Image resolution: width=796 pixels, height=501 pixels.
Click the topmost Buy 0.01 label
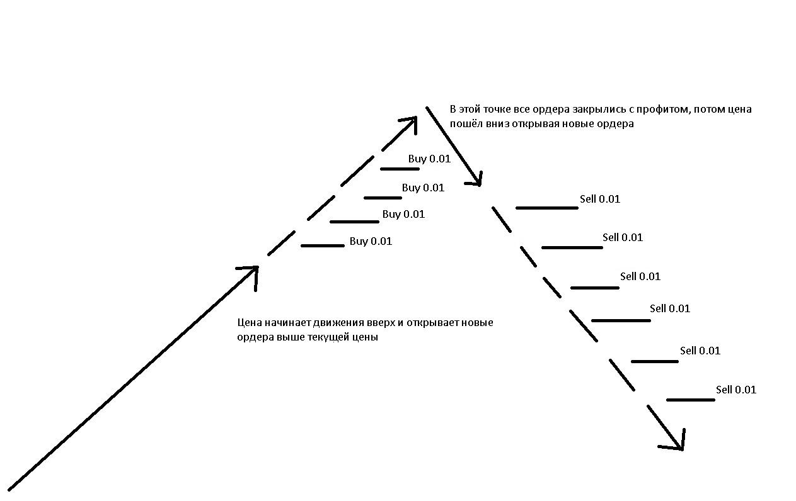click(x=429, y=159)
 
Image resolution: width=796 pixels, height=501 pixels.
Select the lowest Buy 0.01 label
click(x=371, y=241)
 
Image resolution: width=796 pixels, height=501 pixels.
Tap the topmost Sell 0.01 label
click(x=600, y=199)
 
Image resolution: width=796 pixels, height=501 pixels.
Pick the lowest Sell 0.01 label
click(x=735, y=390)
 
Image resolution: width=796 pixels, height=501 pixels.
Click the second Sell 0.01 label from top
click(x=623, y=237)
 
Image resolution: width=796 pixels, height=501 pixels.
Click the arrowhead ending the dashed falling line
click(x=678, y=444)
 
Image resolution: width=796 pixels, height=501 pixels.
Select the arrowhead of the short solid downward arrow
click(x=478, y=181)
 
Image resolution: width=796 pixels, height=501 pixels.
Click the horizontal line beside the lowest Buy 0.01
click(x=323, y=245)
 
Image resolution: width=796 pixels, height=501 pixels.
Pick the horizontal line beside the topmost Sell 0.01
click(x=546, y=208)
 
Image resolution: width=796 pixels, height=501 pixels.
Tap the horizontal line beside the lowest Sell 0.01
click(x=690, y=400)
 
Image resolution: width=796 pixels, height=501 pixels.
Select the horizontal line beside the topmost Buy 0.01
click(x=400, y=169)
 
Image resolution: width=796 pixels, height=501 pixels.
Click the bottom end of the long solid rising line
click(x=10, y=488)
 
